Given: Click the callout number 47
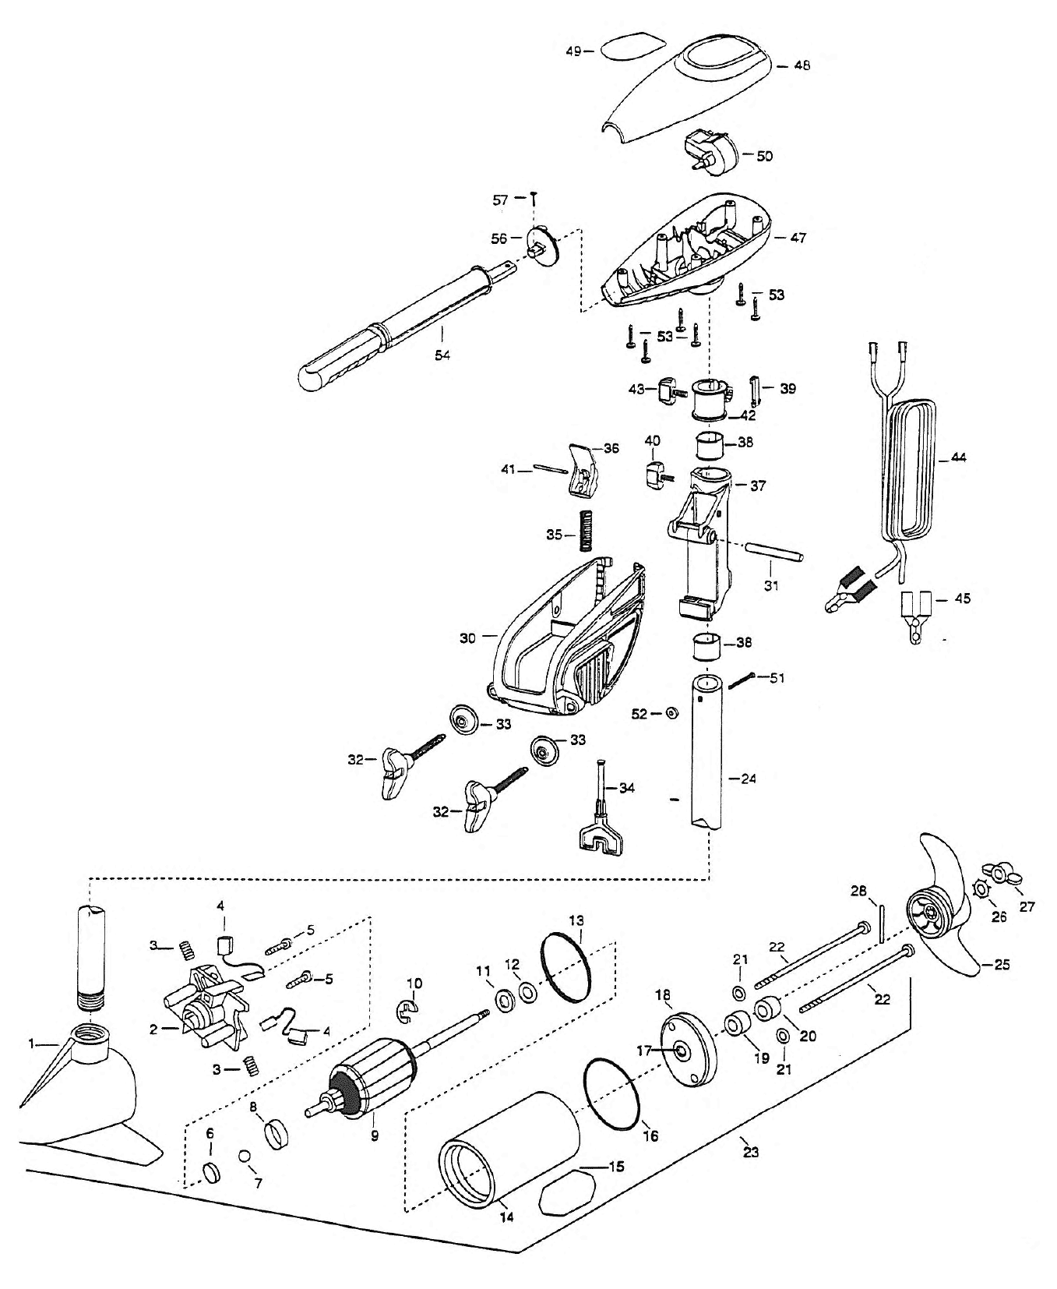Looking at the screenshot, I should pyautogui.click(x=798, y=238).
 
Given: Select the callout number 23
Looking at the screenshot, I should pyautogui.click(x=750, y=1152).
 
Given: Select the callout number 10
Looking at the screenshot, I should pyautogui.click(x=413, y=983).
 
